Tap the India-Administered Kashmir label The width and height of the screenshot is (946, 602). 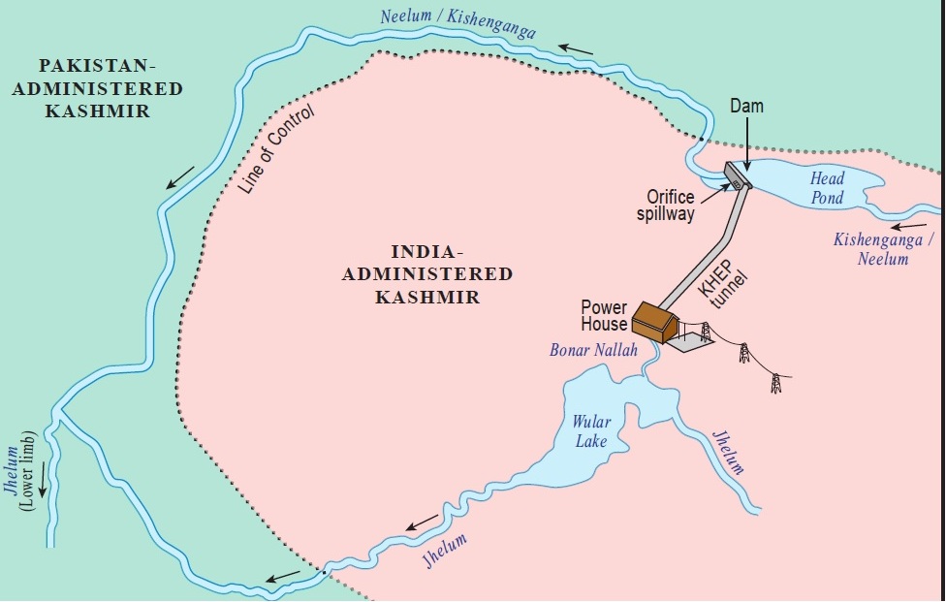click(427, 274)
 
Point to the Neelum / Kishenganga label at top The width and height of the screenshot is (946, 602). click(457, 20)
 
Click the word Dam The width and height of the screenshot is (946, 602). click(746, 106)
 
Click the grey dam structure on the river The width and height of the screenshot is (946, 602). click(737, 174)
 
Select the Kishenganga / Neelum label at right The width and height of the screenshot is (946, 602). click(883, 248)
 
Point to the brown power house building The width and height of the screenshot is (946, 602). click(655, 321)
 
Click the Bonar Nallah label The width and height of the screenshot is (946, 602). click(593, 350)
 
